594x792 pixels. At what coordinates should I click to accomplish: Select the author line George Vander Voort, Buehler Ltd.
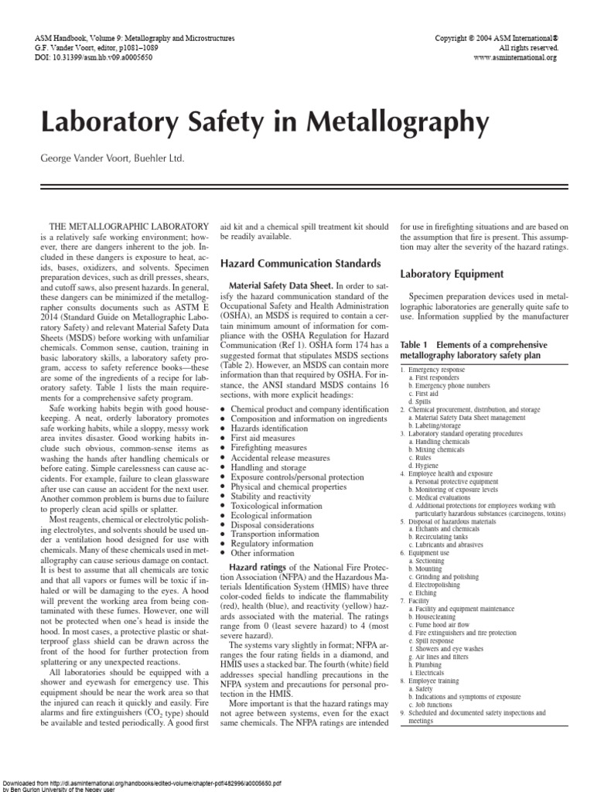point(113,158)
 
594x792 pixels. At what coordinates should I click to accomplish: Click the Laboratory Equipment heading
point(452,274)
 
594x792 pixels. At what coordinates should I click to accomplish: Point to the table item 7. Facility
point(419,600)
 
